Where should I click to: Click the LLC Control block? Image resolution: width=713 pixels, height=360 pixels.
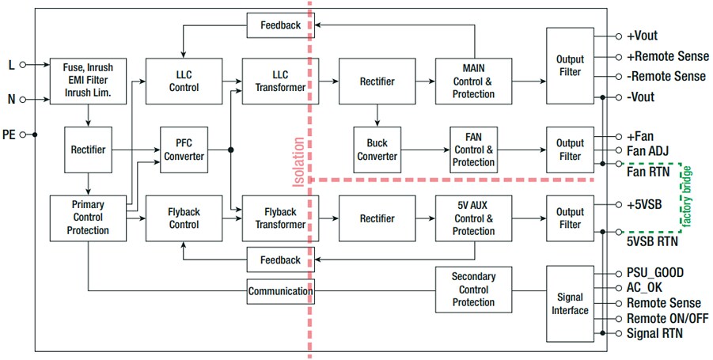tap(184, 81)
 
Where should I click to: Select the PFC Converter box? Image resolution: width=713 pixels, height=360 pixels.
tap(184, 150)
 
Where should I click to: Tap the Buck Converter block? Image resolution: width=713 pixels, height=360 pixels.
tap(377, 150)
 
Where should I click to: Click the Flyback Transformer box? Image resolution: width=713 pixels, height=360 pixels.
tap(274, 218)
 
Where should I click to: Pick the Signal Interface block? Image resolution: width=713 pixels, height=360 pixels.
tap(570, 304)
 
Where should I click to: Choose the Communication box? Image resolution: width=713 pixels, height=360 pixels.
tap(280, 291)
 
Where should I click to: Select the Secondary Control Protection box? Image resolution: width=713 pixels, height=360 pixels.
tap(473, 290)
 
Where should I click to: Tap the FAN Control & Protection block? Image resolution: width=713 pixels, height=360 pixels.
tap(473, 150)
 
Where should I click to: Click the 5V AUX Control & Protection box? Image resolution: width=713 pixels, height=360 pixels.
tap(473, 218)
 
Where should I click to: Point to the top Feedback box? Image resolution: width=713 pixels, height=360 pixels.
tap(280, 25)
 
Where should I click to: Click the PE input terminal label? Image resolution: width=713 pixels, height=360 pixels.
tap(9, 135)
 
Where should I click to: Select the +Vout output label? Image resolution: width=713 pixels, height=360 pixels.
tap(642, 36)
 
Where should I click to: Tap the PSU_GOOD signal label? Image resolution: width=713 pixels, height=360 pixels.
tap(655, 273)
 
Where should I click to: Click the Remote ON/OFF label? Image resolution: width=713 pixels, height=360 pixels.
tap(667, 318)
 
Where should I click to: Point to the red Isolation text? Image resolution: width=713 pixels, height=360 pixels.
tap(298, 162)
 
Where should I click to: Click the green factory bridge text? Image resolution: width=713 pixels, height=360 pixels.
tap(687, 195)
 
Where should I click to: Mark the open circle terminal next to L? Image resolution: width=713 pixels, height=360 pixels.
tap(24, 65)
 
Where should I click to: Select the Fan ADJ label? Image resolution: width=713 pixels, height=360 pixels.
tap(648, 150)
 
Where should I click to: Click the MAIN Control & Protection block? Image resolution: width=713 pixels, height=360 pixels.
tap(473, 81)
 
